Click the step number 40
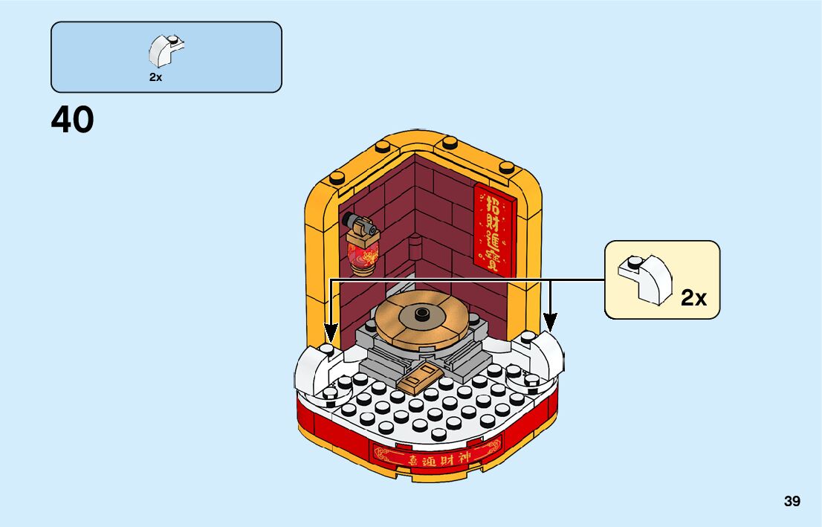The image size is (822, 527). point(73,120)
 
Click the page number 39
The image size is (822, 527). point(792,502)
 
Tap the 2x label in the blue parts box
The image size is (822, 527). point(155,77)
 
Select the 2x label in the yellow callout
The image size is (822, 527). point(693,298)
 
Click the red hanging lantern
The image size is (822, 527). point(363,251)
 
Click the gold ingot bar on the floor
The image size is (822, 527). point(418,379)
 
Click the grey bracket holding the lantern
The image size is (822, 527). point(358,223)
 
